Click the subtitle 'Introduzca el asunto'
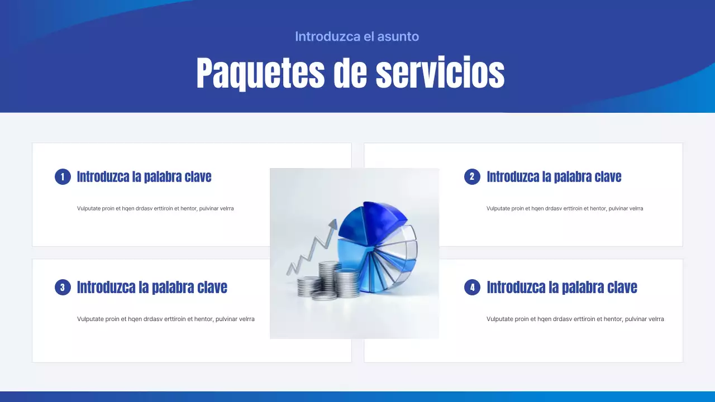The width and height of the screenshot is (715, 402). tap(357, 37)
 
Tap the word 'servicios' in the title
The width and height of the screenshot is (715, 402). tap(440, 73)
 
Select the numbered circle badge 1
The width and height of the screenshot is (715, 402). tap(63, 177)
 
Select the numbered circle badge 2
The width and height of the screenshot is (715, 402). tap(472, 177)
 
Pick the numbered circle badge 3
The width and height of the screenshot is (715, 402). tap(63, 288)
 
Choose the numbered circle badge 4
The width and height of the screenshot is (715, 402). tap(472, 288)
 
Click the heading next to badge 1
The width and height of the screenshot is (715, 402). tap(144, 177)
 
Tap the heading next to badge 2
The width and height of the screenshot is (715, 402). tap(554, 177)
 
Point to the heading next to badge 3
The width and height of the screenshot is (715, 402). tap(152, 288)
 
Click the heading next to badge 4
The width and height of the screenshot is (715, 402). tap(561, 288)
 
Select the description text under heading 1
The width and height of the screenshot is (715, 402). tap(155, 208)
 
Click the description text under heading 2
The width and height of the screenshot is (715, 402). tap(565, 208)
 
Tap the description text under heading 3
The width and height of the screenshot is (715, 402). tap(166, 319)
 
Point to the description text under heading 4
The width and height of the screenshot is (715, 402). tap(575, 319)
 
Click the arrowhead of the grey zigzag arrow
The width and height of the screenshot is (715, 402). tap(333, 224)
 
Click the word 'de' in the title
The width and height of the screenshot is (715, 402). tap(350, 73)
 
